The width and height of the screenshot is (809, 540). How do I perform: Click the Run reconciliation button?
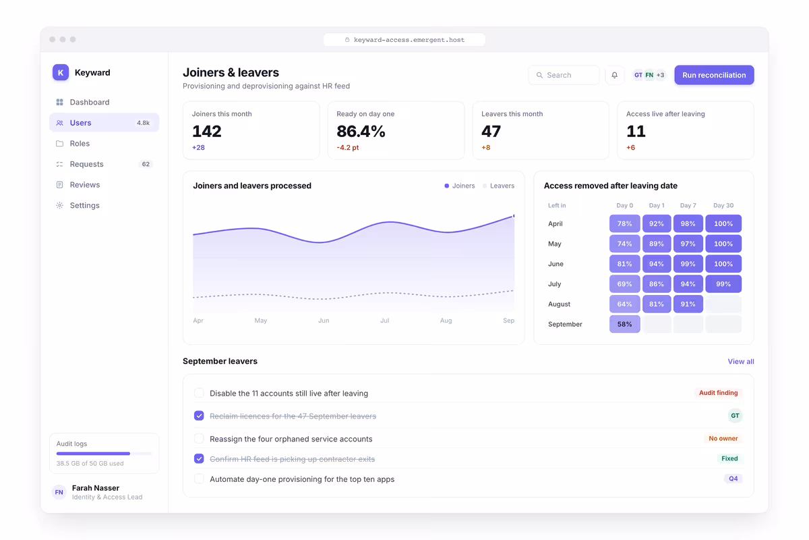714,75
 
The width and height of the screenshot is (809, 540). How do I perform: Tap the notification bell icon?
614,75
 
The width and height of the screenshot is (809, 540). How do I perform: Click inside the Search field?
564,75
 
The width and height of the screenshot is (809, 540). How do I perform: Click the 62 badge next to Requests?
146,164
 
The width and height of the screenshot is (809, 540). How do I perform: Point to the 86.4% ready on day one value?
361,131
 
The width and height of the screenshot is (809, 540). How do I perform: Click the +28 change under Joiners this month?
198,148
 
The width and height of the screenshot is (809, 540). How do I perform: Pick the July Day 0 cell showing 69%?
624,284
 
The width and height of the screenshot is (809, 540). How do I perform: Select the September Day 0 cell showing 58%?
624,324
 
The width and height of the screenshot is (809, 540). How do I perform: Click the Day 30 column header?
723,205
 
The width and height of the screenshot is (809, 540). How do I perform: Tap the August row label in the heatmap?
559,304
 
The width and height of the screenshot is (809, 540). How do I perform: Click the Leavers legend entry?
498,186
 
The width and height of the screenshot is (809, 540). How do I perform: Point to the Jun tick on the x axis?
324,321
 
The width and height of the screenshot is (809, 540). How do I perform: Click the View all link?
741,361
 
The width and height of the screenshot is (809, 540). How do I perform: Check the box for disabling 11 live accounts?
199,393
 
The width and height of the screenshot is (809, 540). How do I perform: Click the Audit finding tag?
719,393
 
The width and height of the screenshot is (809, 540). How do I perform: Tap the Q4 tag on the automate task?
733,479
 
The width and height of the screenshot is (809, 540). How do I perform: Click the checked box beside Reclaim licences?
199,416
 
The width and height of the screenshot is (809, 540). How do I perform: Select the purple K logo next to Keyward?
61,72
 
